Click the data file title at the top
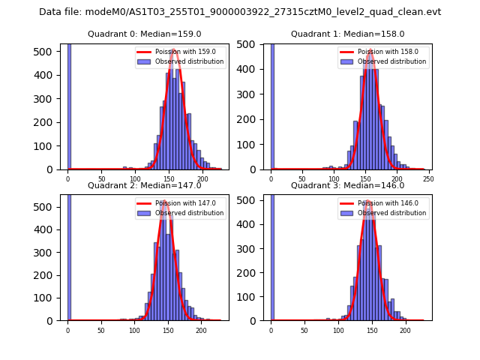tap(240, 12)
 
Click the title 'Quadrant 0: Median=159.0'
tap(144, 34)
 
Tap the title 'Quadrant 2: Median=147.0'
tap(144, 185)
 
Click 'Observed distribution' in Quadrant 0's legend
tap(189, 61)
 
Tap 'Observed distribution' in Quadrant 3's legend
tap(392, 213)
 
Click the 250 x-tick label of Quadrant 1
tap(429, 178)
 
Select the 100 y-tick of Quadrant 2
tap(49, 298)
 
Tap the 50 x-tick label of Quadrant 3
tap(304, 330)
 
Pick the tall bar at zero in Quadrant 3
tap(272, 257)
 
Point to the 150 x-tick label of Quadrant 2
tap(168, 330)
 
